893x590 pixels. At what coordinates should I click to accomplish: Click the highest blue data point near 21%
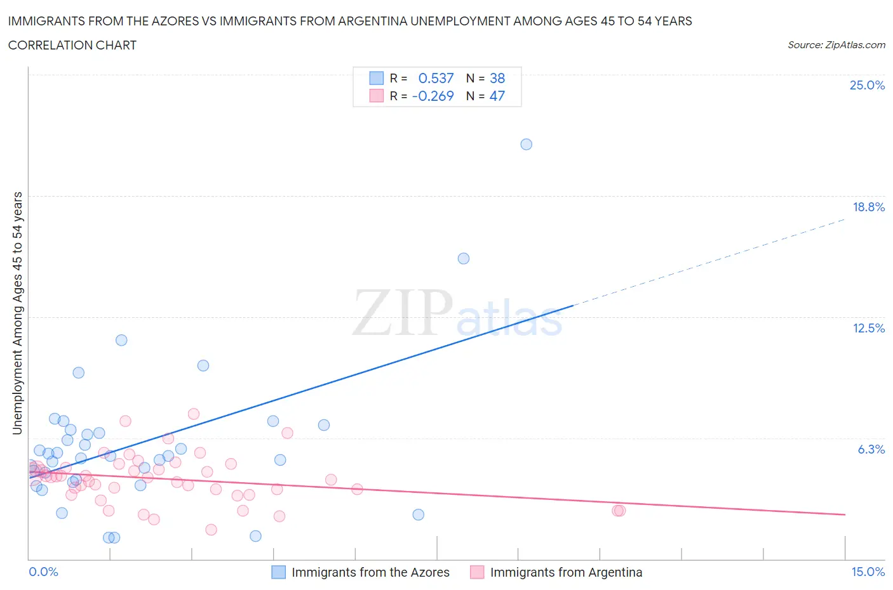526,144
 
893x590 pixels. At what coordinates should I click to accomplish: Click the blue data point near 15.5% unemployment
464,258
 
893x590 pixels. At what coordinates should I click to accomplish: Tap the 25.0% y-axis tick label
867,85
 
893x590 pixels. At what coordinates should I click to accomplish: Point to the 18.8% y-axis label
868,207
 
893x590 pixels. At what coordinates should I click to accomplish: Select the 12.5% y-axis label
868,328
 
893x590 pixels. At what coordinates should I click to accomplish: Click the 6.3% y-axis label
871,449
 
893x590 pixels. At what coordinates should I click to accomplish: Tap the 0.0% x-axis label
43,572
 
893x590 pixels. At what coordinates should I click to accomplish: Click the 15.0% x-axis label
868,572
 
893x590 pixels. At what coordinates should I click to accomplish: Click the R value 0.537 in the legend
436,78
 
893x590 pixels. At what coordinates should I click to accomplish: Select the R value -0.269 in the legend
433,96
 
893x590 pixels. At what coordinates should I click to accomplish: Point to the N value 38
497,78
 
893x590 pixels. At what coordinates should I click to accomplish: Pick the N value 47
497,96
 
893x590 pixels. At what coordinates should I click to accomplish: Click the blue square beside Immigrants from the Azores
278,572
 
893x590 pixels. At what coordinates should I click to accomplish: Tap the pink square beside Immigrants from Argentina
477,572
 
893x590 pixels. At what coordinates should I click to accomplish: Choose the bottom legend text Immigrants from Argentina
566,572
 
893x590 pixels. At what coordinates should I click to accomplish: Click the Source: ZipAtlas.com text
836,44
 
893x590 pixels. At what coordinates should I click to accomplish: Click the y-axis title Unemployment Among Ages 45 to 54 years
17,313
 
